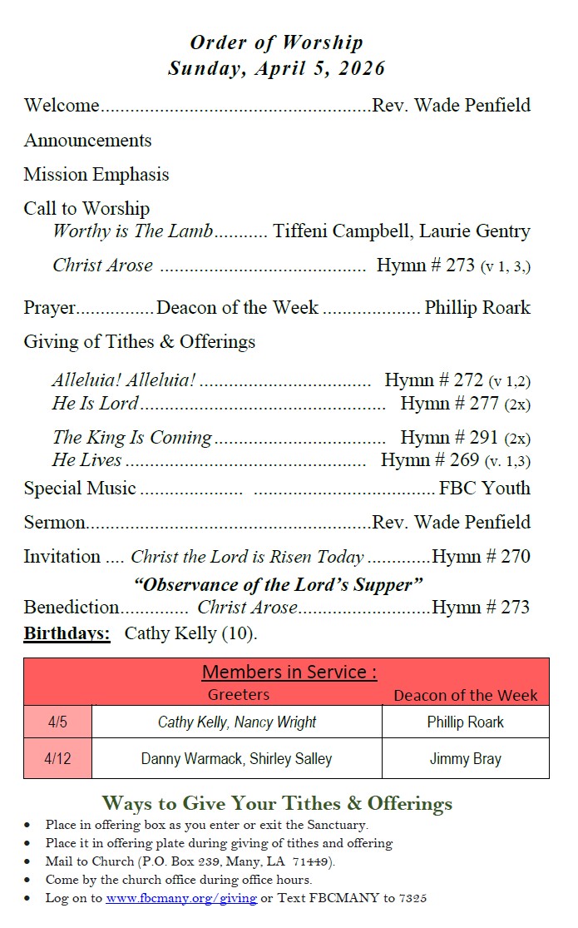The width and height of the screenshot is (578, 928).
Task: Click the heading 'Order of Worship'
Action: tap(276, 42)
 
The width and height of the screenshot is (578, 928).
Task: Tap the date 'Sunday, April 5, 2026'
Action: tap(276, 68)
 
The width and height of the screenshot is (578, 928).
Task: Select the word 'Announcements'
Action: tap(87, 140)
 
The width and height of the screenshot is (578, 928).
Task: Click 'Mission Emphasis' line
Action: tap(96, 175)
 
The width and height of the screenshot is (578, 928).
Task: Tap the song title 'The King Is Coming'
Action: tap(132, 438)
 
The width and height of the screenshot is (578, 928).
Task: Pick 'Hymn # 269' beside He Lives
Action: tap(430, 460)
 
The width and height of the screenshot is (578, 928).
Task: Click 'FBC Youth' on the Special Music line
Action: tap(484, 489)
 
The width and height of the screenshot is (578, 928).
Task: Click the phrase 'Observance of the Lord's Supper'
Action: tap(278, 584)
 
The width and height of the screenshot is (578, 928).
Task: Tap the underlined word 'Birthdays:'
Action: tap(67, 633)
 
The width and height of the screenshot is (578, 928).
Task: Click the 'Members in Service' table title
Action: tap(289, 672)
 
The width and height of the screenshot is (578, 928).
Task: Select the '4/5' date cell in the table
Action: tap(57, 722)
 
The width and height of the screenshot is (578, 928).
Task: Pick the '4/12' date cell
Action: tap(57, 759)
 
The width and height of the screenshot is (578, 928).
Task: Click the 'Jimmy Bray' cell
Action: tap(465, 759)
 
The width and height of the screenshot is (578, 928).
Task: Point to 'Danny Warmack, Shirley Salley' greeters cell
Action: tap(236, 759)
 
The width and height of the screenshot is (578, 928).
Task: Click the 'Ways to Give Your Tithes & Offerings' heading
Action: tap(277, 803)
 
